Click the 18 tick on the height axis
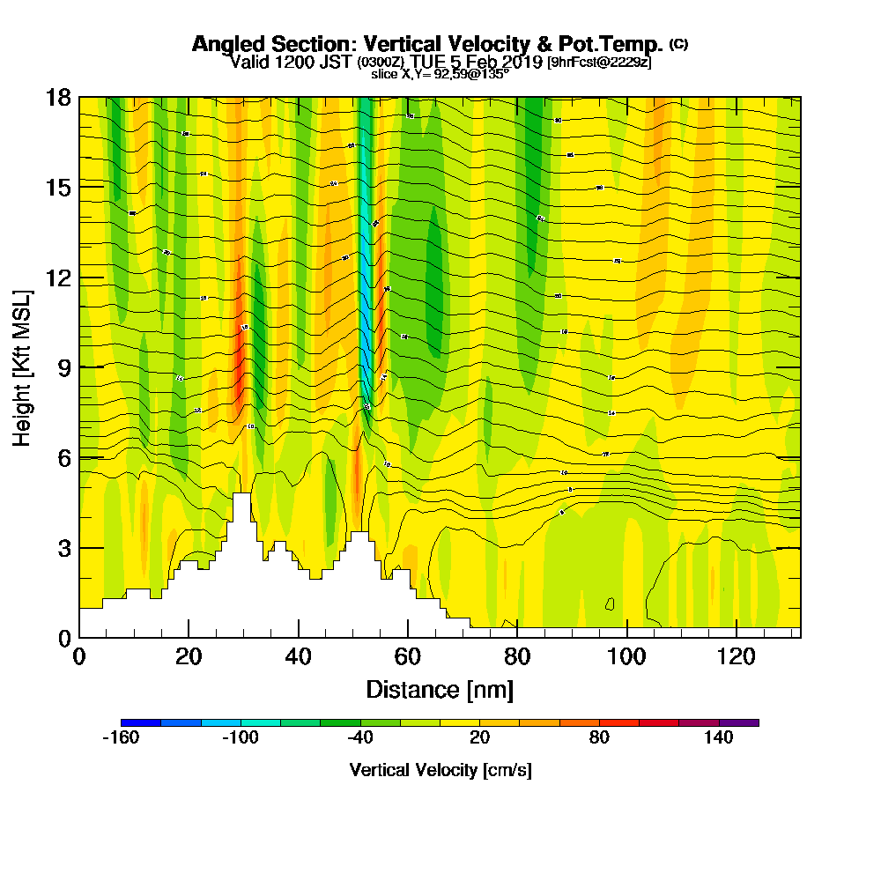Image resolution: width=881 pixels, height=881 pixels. click(58, 97)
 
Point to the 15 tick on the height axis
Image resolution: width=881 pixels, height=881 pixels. click(58, 187)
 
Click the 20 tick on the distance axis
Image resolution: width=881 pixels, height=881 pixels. click(189, 656)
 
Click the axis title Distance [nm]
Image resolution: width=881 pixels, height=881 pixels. click(440, 688)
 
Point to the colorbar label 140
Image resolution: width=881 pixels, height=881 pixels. click(719, 738)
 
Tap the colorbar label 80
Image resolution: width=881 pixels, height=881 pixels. click(599, 738)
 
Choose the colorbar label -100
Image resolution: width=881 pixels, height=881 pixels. click(241, 738)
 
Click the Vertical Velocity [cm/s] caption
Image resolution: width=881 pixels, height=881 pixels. click(440, 770)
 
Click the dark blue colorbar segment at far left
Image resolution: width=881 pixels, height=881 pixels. click(141, 722)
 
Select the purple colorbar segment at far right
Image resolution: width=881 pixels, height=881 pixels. click(738, 722)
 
